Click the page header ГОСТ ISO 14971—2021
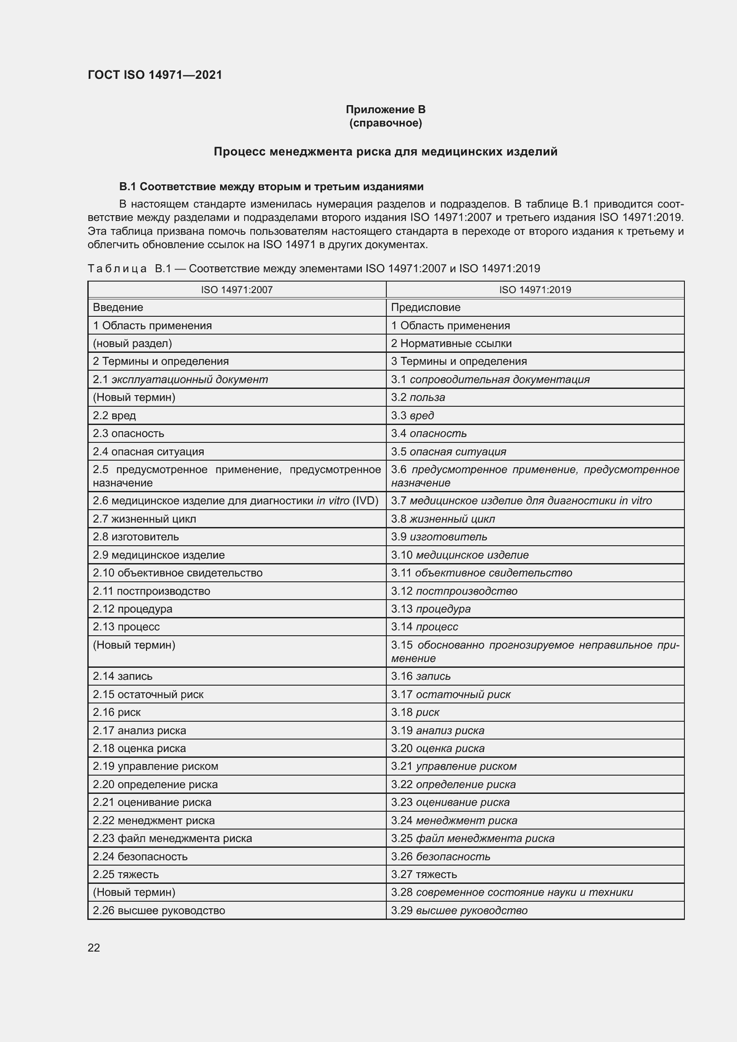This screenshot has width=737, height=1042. tap(155, 75)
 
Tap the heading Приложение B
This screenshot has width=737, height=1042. tap(385, 110)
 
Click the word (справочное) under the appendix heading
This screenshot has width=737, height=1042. tap(385, 123)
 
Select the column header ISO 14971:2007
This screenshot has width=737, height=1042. tap(237, 290)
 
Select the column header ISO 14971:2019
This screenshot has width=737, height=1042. tap(535, 290)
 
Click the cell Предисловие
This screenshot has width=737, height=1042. tap(425, 307)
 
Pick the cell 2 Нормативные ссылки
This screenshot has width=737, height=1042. tap(451, 343)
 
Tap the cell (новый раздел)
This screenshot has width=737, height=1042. tap(132, 343)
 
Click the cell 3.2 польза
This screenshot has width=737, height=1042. tap(418, 397)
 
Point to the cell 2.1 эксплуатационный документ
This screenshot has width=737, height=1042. tap(180, 380)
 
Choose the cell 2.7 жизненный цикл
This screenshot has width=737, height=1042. tap(144, 519)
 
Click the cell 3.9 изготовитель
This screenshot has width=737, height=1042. tap(439, 536)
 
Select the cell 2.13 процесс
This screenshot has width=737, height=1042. tap(126, 627)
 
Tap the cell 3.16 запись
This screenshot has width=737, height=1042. tap(421, 676)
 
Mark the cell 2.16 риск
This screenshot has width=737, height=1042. tap(117, 712)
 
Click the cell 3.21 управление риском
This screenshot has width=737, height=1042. tap(453, 766)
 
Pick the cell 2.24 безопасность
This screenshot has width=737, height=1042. tap(140, 856)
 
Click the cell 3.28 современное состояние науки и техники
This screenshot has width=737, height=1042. tap(512, 892)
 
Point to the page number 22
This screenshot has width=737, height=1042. tap(94, 948)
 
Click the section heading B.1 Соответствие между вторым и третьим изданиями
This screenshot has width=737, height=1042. tap(271, 187)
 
